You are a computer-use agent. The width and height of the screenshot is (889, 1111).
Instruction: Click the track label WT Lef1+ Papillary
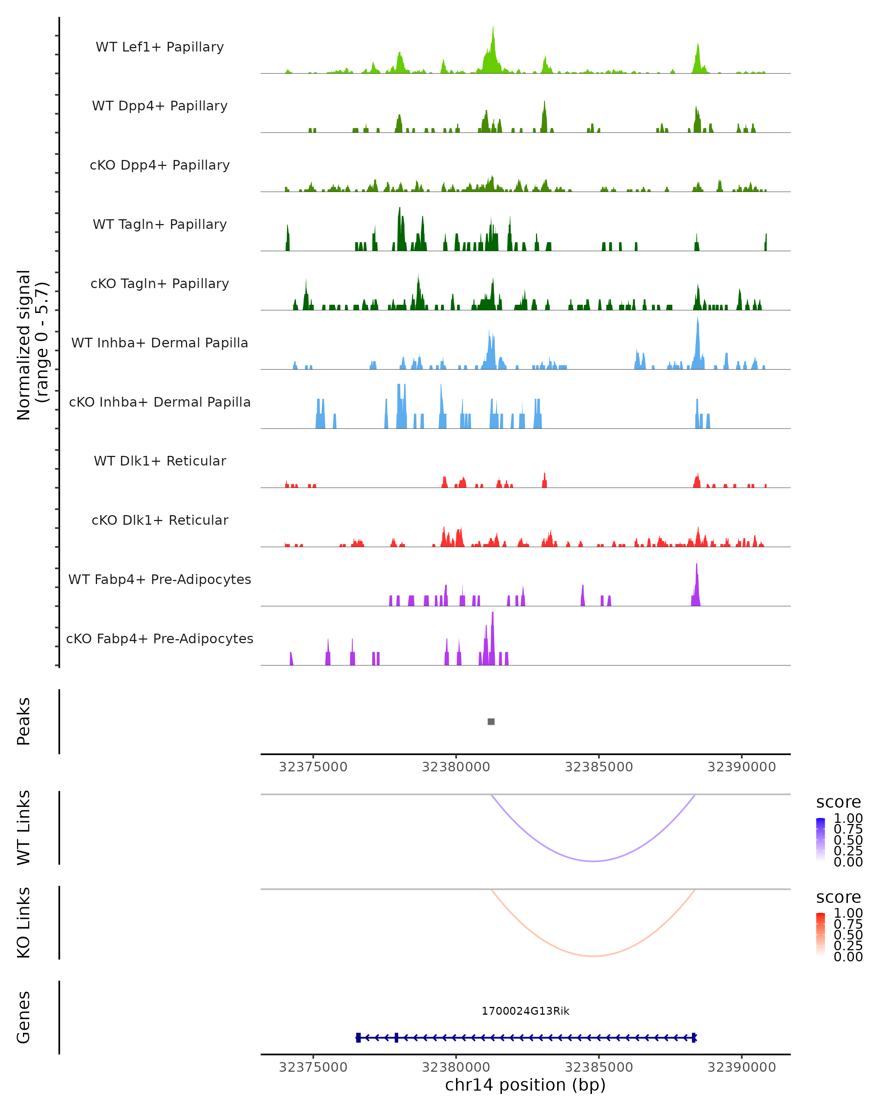coord(160,47)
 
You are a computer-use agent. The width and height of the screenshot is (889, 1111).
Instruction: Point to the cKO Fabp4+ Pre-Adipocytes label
coord(160,638)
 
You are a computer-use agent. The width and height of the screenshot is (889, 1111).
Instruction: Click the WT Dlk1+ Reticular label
coord(160,461)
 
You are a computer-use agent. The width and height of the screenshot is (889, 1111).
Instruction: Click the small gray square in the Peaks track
coord(491,721)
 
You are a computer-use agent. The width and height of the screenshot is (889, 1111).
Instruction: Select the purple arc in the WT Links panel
coord(594,861)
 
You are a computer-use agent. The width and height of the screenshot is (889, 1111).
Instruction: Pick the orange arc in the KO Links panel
coord(594,956)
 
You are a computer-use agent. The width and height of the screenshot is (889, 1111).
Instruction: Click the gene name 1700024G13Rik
coord(525,1011)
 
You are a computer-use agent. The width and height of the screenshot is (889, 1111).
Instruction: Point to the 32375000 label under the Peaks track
coord(313,767)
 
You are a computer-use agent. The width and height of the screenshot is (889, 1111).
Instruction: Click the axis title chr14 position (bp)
coord(525,1085)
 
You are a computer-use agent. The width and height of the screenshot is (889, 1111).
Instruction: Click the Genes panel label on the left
coord(24,1017)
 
